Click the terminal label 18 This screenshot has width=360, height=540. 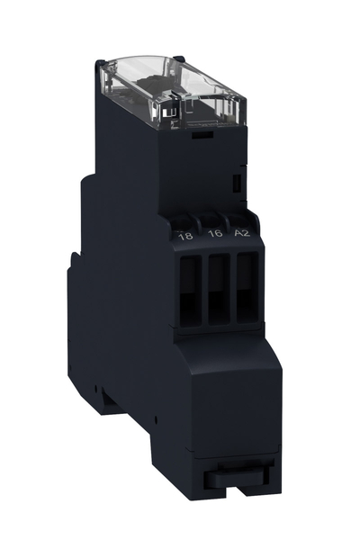pyautogui.click(x=185, y=237)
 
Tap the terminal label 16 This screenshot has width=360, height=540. pyautogui.click(x=215, y=233)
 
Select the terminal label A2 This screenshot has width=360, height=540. pyautogui.click(x=242, y=233)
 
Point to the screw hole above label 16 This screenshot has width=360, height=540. pyautogui.click(x=210, y=220)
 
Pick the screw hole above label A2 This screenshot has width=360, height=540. pyautogui.click(x=237, y=220)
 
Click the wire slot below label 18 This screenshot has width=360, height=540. pyautogui.click(x=191, y=292)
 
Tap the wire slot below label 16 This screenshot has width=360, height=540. pyautogui.click(x=219, y=289)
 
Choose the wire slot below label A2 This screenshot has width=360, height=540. pyautogui.click(x=247, y=288)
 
